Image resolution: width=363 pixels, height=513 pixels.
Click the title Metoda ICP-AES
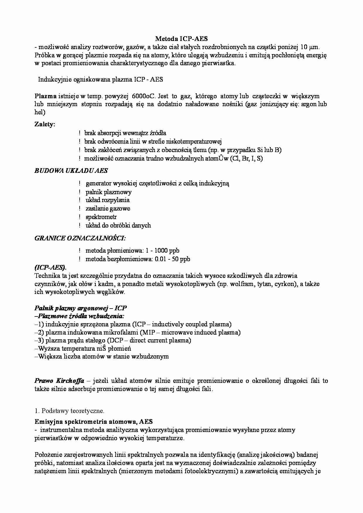(x=181, y=39)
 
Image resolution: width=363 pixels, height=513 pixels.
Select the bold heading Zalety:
(x=45, y=124)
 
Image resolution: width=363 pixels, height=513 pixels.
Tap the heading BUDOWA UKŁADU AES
(x=71, y=171)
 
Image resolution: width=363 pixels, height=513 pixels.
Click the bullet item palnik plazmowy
(x=109, y=192)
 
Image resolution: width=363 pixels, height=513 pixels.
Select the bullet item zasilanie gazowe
(x=108, y=209)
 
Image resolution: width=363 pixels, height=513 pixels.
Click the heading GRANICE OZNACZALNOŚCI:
(x=80, y=238)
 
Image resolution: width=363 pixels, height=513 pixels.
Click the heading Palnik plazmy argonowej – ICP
(x=81, y=308)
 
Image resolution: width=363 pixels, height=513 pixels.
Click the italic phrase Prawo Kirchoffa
(x=59, y=381)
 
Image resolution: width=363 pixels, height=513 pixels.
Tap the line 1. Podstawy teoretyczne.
(x=69, y=411)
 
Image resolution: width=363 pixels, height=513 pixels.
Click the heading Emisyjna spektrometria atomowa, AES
(x=94, y=422)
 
